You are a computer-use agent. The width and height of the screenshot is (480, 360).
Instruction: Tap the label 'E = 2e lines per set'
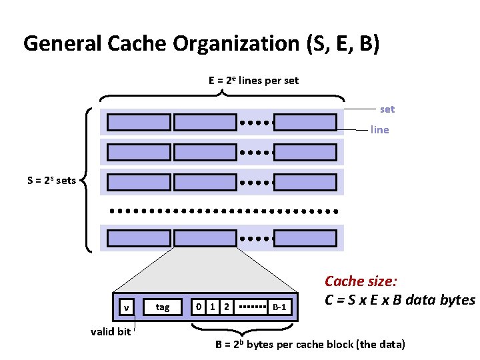(x=253, y=81)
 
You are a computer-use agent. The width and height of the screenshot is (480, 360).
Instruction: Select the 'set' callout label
(x=387, y=109)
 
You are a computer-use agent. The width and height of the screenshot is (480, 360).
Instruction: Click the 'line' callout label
(x=379, y=130)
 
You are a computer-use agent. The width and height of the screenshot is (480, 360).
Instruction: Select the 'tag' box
(x=162, y=307)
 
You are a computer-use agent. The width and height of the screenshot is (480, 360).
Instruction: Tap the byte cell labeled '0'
(x=197, y=307)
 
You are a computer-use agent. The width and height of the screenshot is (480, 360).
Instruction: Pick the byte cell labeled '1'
(x=212, y=307)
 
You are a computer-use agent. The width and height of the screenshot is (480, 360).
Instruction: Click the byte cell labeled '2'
(x=227, y=307)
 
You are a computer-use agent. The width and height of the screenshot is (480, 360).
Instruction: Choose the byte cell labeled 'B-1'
(x=279, y=307)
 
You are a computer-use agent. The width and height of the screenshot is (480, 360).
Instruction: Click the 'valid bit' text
(x=111, y=332)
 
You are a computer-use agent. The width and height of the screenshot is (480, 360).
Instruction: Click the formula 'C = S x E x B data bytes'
(x=400, y=300)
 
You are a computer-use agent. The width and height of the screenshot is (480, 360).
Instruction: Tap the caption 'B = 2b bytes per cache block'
(x=309, y=345)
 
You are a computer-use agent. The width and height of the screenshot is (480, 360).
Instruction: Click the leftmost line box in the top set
(x=139, y=123)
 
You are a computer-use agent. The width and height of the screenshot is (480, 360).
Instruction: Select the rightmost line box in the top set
(x=305, y=123)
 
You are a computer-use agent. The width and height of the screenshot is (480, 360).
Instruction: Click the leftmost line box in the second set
(x=139, y=151)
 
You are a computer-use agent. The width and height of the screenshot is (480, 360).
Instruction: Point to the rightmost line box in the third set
(x=305, y=181)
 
